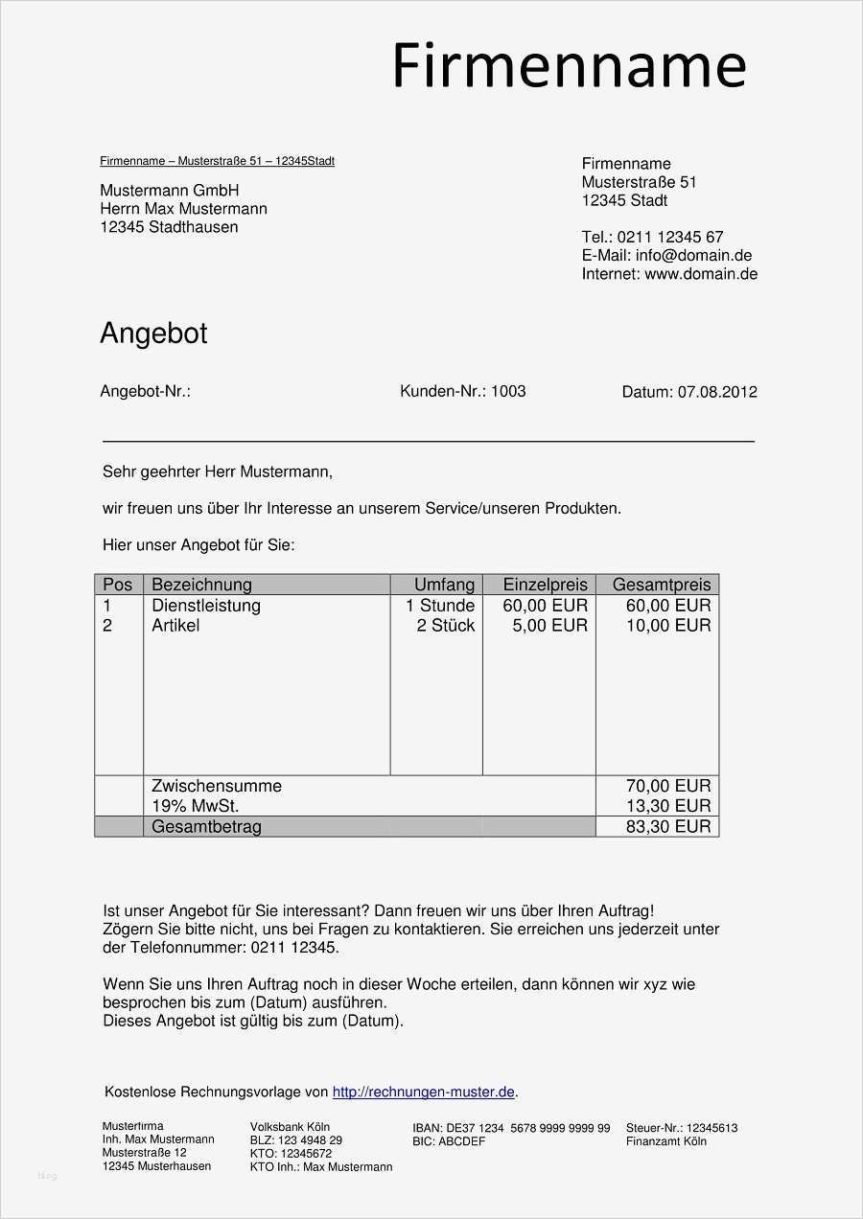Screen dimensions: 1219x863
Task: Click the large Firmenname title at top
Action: click(569, 67)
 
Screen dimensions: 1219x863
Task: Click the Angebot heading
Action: click(153, 333)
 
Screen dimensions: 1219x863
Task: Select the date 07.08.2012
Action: click(717, 392)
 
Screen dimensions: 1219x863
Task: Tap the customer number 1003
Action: click(508, 391)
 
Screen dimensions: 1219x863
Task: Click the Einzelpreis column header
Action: click(545, 585)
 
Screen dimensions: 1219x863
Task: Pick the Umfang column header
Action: click(444, 585)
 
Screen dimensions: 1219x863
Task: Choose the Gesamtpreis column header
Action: click(662, 585)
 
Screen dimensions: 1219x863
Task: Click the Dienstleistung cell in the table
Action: click(206, 606)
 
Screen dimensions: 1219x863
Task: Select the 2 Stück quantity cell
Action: click(446, 626)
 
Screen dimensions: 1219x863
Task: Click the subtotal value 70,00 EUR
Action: click(668, 787)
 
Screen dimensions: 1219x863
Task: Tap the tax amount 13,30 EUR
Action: click(668, 806)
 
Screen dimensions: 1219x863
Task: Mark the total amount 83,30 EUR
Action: click(668, 826)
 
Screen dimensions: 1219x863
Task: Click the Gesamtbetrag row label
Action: click(206, 826)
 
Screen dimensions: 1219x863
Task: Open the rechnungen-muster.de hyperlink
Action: click(423, 1092)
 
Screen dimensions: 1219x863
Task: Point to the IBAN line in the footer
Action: click(511, 1128)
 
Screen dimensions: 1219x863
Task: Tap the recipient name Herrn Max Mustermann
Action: click(183, 209)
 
